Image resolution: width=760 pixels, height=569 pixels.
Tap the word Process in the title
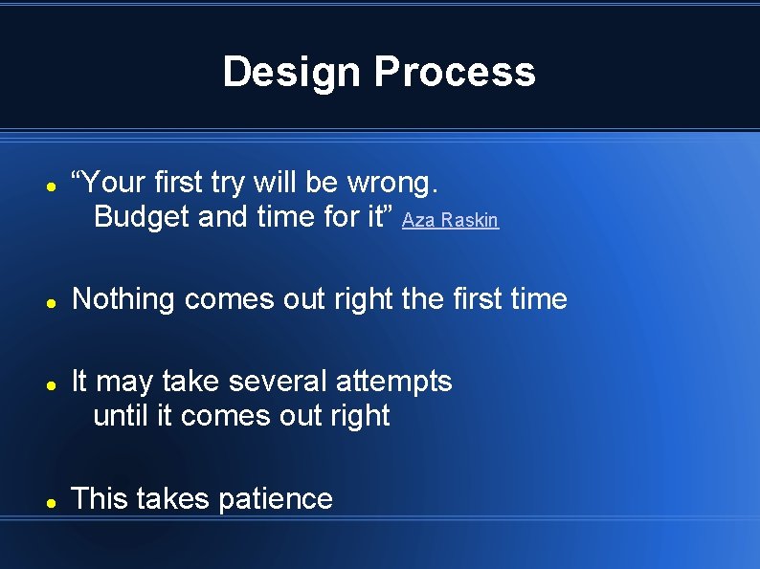pyautogui.click(x=455, y=72)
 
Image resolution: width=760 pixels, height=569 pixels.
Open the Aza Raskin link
pyautogui.click(x=450, y=221)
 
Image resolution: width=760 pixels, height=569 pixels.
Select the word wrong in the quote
pyautogui.click(x=392, y=182)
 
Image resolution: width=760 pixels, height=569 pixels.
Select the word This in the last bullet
pyautogui.click(x=100, y=498)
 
